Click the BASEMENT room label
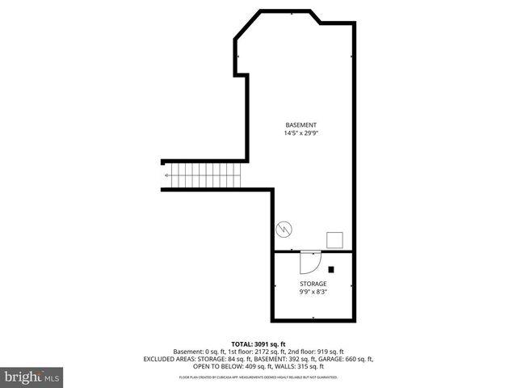[x=300, y=124]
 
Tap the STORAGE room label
[x=313, y=284]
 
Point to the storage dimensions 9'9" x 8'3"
[x=313, y=292]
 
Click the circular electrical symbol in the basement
[x=284, y=230]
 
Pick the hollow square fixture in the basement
[x=334, y=238]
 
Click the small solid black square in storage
[x=330, y=269]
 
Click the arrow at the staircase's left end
[x=166, y=175]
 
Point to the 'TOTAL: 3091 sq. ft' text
[x=258, y=344]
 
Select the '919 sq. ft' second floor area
[x=327, y=352]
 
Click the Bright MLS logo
[x=32, y=377]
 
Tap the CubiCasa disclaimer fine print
[x=258, y=377]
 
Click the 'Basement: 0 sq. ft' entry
[x=198, y=352]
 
